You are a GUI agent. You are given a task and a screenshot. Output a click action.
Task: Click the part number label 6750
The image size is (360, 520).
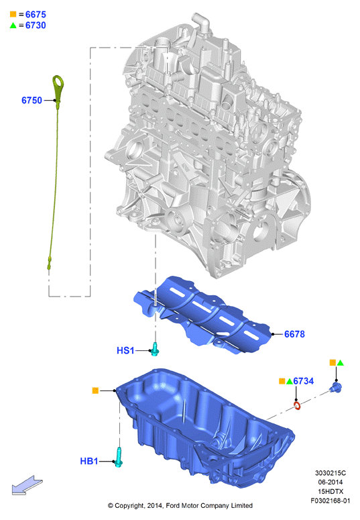(32, 100)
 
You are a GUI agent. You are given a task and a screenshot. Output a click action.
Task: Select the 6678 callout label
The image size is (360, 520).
(294, 334)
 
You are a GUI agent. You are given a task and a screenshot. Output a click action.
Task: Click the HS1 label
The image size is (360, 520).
(125, 350)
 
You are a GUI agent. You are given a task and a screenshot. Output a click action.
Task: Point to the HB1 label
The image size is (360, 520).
(89, 461)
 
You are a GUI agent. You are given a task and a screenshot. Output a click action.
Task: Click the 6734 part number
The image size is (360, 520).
(303, 381)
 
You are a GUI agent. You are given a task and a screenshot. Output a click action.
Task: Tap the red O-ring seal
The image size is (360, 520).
(298, 405)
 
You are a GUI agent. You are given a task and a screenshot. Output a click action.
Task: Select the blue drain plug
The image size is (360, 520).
(335, 387)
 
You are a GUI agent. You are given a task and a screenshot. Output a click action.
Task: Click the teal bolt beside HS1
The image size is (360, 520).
(154, 349)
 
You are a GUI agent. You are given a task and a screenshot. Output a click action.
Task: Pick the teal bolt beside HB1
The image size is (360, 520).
(119, 458)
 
